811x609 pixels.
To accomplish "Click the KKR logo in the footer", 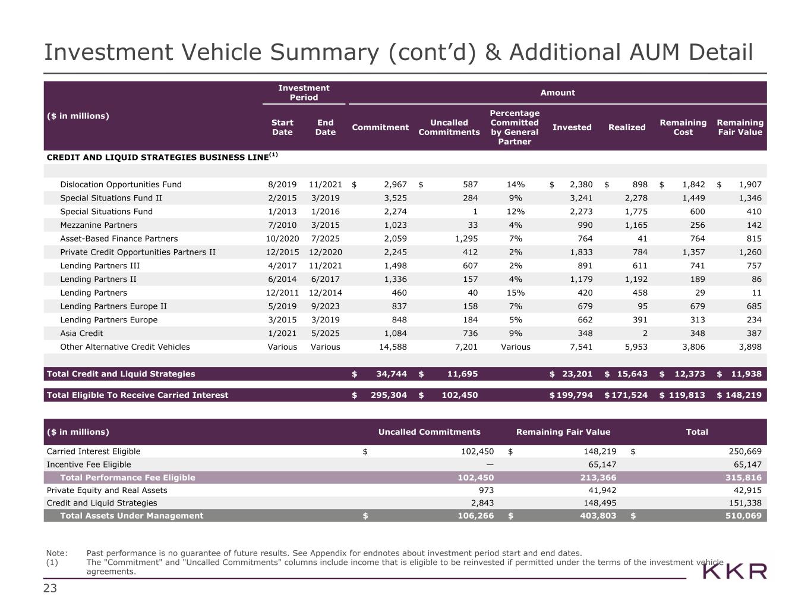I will click(x=735, y=572).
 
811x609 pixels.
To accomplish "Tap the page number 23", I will click(x=50, y=589).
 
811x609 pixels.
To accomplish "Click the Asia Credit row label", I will click(x=81, y=334).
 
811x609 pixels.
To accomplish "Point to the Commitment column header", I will click(x=380, y=127).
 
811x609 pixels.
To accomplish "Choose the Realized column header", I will click(x=627, y=127).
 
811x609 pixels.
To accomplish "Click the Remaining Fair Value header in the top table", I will click(x=740, y=127).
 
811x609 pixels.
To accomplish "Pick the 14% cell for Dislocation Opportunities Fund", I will click(x=515, y=184).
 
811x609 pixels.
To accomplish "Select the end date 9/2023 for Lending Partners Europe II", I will click(x=326, y=306).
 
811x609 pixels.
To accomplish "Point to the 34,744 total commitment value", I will click(x=392, y=374).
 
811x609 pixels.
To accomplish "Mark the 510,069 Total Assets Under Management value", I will click(x=743, y=516).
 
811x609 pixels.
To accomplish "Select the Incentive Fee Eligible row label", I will click(x=89, y=464).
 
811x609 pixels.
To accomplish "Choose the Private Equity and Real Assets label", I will click(x=107, y=491).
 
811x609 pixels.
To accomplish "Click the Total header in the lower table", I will click(x=697, y=432).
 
